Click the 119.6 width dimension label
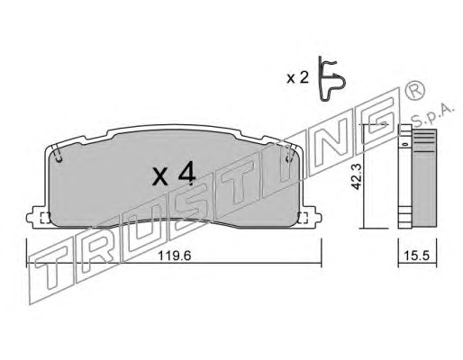(x=175, y=256)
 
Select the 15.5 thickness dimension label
(x=417, y=256)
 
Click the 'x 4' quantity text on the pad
(x=174, y=175)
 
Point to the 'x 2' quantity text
(x=297, y=78)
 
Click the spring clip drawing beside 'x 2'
(x=331, y=79)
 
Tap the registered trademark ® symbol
(x=415, y=90)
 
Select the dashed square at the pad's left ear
(x=45, y=218)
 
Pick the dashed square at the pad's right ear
(x=304, y=218)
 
